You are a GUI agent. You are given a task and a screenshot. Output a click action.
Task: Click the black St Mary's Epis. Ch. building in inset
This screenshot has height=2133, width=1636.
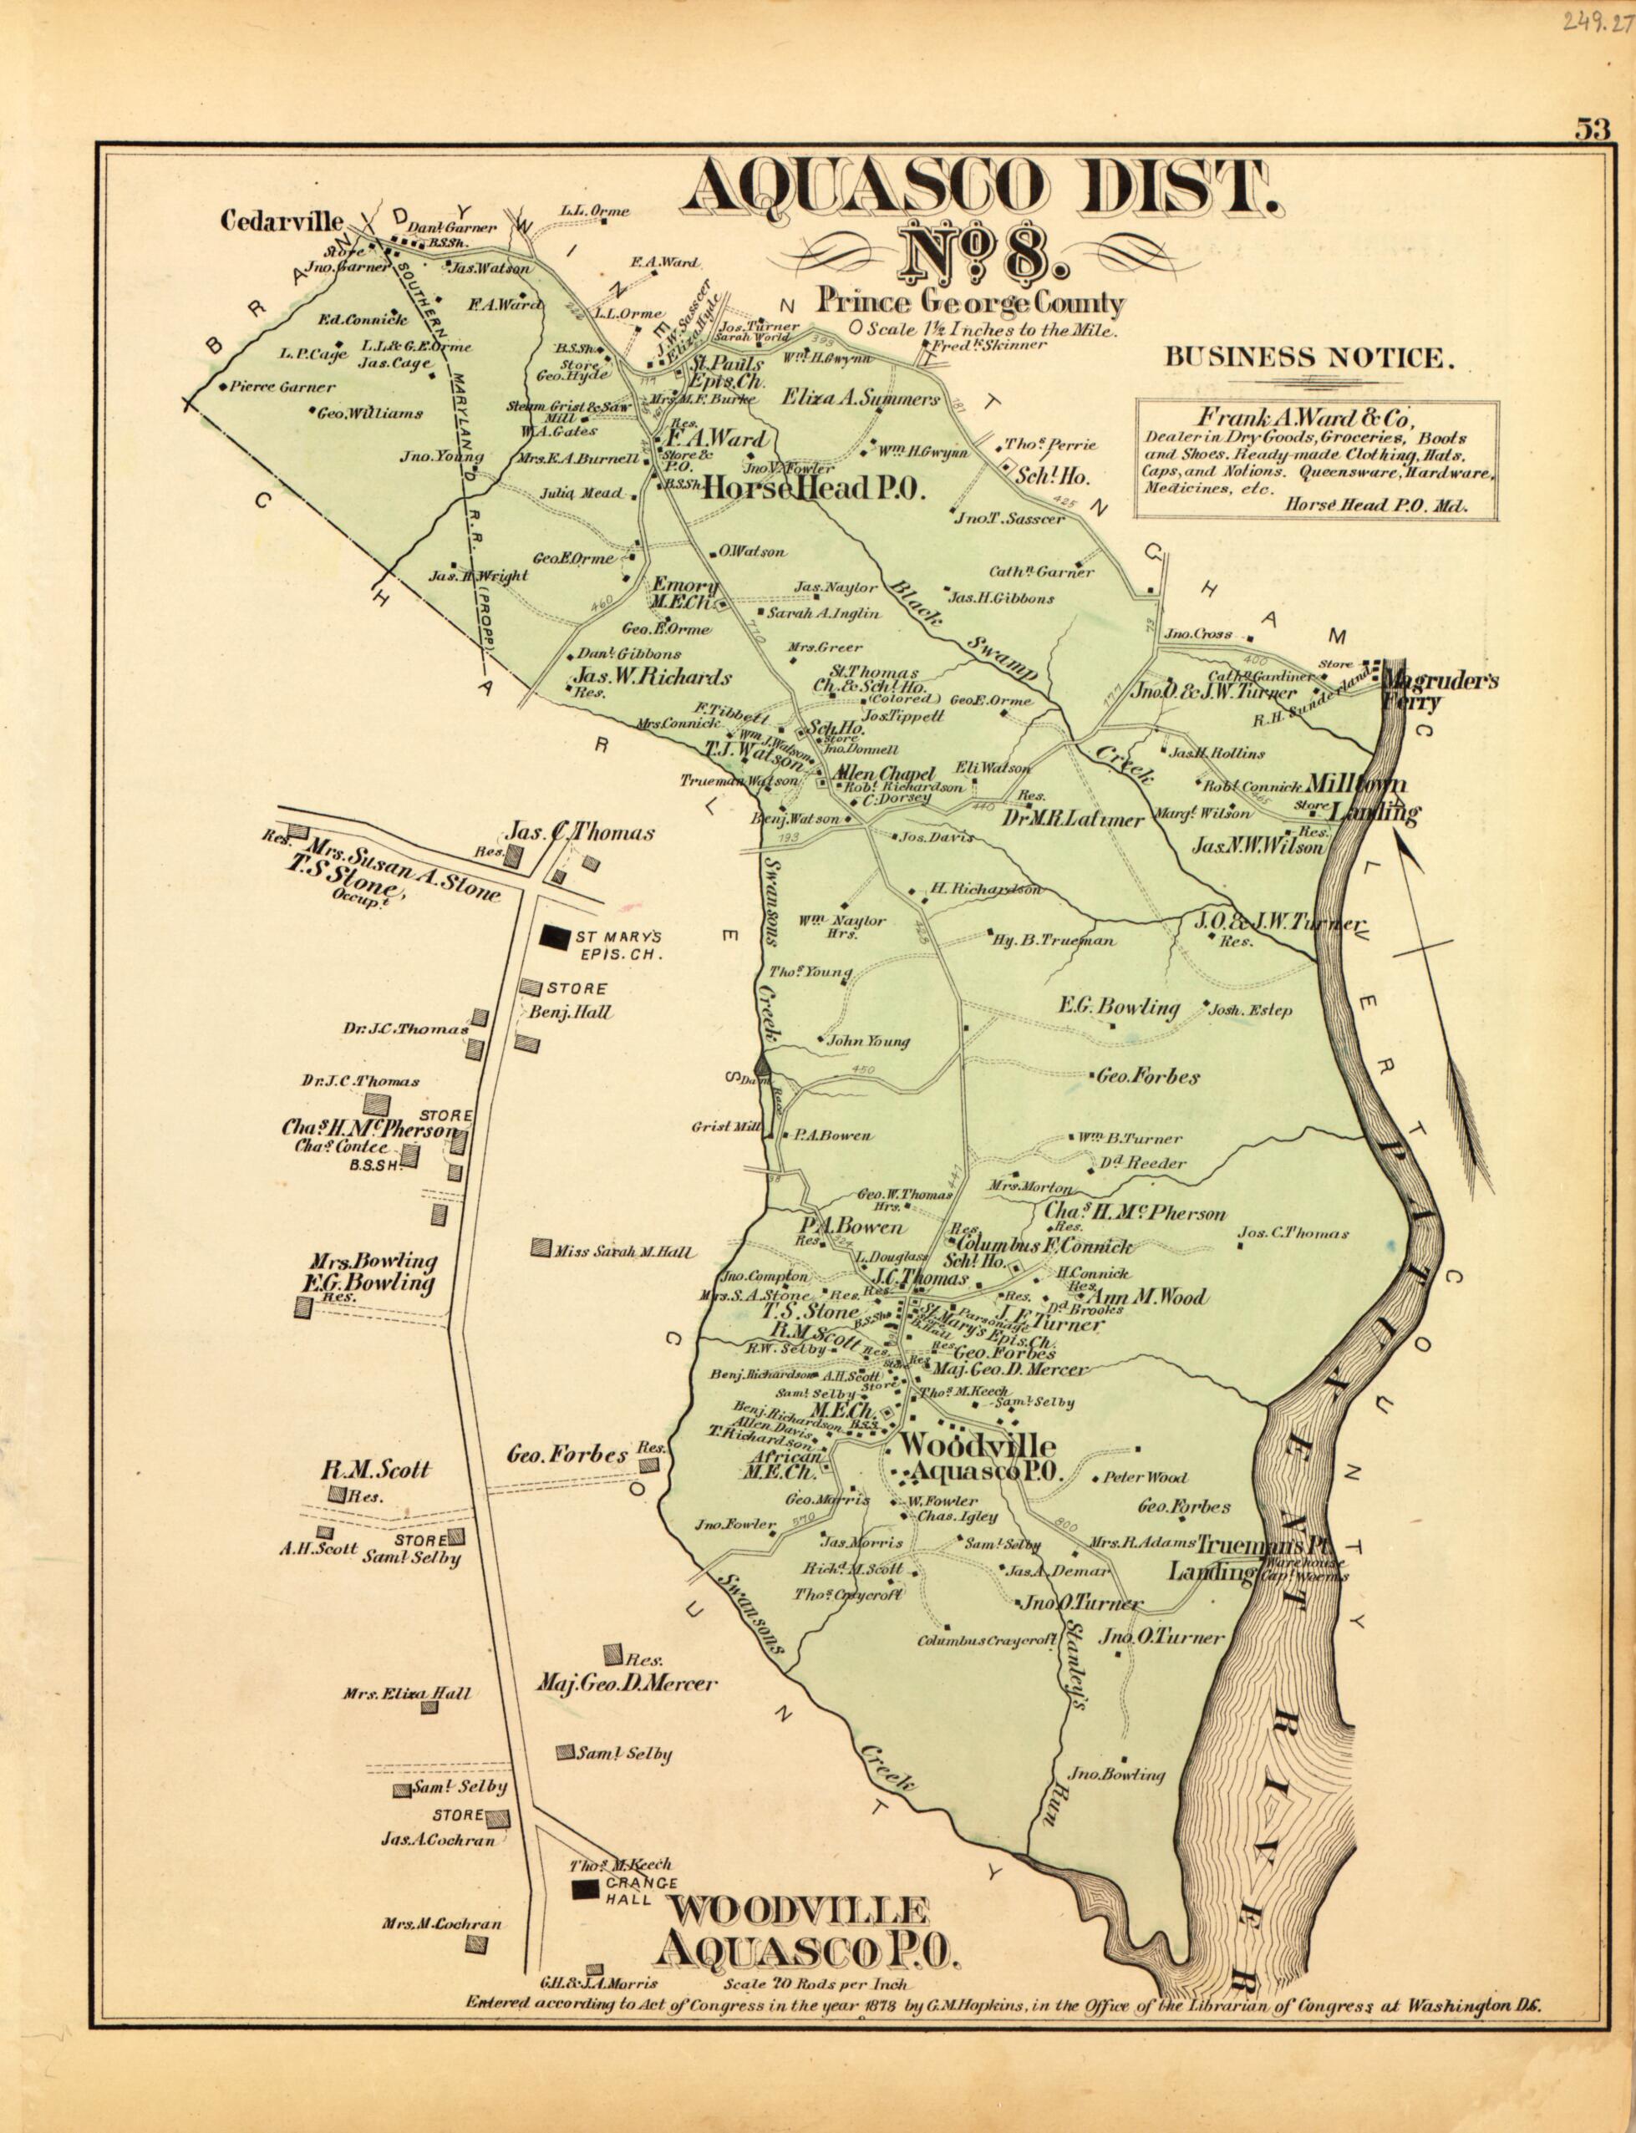click(554, 936)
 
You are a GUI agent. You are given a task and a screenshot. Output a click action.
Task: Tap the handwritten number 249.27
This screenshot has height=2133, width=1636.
click(1594, 22)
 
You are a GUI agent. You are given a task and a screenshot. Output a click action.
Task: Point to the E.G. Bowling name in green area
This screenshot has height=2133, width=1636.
click(1119, 1008)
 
